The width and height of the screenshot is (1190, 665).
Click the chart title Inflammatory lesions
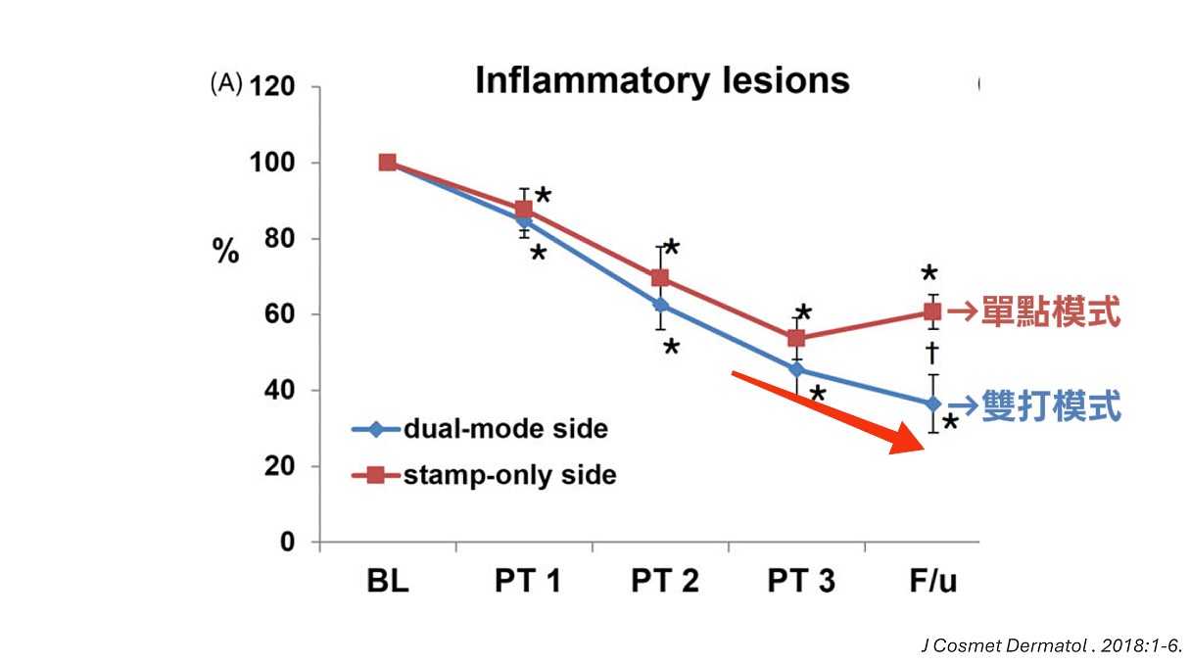(662, 80)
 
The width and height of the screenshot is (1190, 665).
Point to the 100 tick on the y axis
(274, 163)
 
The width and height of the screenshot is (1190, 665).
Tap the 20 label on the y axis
(280, 466)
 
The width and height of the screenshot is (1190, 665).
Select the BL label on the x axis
(388, 582)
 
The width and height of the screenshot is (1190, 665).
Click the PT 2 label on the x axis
(664, 582)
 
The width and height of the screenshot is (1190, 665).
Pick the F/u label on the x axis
(931, 582)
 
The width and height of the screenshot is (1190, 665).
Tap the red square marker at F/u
(932, 312)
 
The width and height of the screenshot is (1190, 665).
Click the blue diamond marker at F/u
(932, 404)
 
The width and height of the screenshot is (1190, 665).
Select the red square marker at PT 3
(796, 339)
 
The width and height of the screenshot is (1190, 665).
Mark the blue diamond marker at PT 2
(661, 306)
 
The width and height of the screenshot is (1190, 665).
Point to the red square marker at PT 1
(524, 210)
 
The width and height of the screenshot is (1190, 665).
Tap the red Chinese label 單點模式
(1050, 313)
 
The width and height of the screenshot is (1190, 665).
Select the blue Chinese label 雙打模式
(1050, 405)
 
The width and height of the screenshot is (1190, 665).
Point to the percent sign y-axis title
(226, 253)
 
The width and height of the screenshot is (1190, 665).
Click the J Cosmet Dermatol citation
(1052, 645)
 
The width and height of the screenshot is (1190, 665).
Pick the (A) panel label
(225, 85)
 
